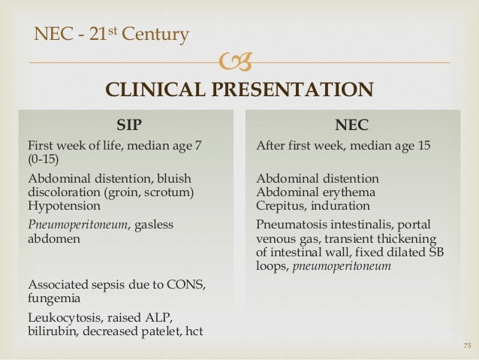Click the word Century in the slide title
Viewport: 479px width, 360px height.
(158, 34)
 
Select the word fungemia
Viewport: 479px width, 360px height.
(55, 298)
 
